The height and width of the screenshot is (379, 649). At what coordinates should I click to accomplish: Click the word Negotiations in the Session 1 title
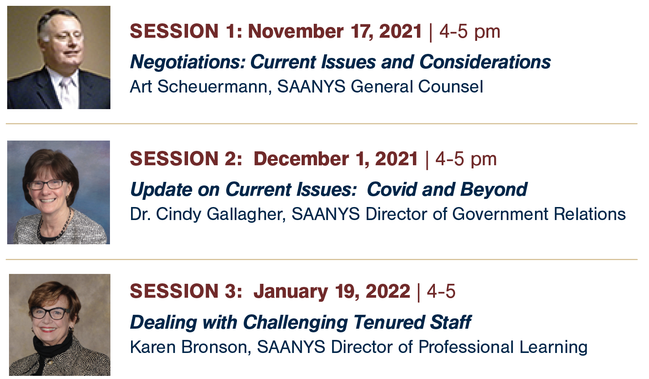coord(188,62)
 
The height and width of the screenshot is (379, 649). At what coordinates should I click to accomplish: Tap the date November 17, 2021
coord(335,31)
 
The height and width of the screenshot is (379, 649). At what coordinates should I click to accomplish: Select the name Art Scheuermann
coord(199,86)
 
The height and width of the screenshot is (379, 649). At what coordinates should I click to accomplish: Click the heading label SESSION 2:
coord(186,159)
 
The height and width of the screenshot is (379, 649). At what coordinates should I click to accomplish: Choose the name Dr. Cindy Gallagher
coord(206,214)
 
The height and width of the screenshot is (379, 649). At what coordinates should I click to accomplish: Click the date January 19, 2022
coord(332,291)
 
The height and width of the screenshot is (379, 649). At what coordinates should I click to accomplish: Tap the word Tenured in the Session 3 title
coord(389,322)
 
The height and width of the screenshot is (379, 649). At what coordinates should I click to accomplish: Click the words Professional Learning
coord(503,347)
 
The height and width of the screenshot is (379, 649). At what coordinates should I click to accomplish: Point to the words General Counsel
coord(417,86)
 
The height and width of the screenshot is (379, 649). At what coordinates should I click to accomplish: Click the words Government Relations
coord(539,214)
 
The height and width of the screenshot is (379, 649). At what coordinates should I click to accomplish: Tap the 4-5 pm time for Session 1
coord(469,31)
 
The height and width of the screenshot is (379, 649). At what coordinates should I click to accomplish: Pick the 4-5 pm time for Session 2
coord(466,159)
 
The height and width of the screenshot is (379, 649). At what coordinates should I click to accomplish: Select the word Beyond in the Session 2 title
coord(493,189)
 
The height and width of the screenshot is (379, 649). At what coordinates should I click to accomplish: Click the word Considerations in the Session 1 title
coord(485,62)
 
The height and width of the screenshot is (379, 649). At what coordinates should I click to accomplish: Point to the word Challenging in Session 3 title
coord(295,322)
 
